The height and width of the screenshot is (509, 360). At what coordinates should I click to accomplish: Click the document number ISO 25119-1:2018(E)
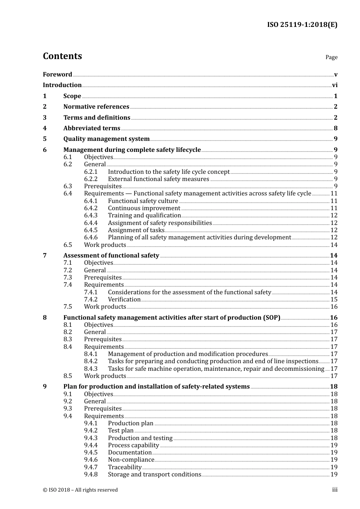(x=302, y=25)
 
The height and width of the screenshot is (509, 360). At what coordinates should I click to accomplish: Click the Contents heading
(x=62, y=56)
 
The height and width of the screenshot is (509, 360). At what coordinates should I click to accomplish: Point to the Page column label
(x=331, y=57)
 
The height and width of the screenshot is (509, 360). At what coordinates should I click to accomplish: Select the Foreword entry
(x=57, y=74)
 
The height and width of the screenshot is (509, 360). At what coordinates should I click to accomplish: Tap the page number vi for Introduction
(x=335, y=85)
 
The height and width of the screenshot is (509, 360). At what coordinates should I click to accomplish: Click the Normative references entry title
(x=96, y=107)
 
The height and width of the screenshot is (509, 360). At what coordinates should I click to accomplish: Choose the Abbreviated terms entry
(x=92, y=128)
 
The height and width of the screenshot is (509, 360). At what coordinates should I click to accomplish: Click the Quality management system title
(x=106, y=139)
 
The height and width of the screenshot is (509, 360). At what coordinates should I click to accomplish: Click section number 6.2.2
(x=91, y=179)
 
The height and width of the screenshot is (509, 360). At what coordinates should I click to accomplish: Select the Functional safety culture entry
(x=143, y=201)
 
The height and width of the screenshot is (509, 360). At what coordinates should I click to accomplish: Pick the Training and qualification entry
(x=144, y=215)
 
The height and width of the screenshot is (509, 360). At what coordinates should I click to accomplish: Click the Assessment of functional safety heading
(x=111, y=256)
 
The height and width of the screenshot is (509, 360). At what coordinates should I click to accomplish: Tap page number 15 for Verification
(x=334, y=300)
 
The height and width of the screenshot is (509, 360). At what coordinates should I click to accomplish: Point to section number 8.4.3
(x=91, y=369)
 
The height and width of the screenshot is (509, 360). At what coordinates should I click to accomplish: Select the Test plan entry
(x=121, y=431)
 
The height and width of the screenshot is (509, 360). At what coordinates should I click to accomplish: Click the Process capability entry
(x=133, y=445)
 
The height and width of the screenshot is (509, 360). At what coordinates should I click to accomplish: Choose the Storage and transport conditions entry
(x=154, y=475)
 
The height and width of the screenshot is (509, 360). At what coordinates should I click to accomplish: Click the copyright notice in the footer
(x=80, y=490)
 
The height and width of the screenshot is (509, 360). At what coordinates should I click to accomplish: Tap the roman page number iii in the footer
(x=335, y=490)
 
